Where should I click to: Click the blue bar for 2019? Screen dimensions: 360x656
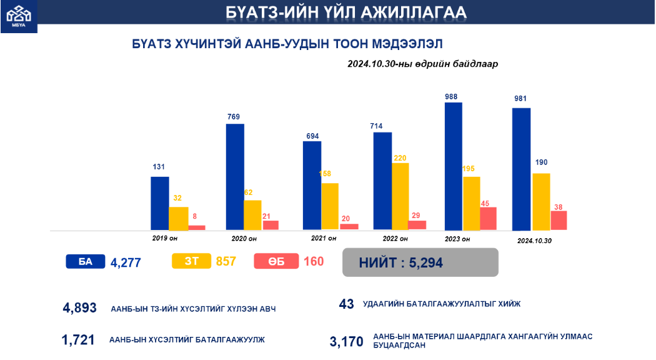[159, 203]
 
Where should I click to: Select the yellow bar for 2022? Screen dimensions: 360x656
[400, 196]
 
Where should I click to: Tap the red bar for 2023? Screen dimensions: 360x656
[488, 218]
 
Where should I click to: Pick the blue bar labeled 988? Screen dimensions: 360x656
[453, 166]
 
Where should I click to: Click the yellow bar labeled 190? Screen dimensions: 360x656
[541, 201]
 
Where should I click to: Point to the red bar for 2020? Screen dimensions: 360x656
[271, 225]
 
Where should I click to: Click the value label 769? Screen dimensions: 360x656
[234, 116]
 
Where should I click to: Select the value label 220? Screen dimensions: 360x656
[400, 157]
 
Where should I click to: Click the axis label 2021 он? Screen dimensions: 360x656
[324, 238]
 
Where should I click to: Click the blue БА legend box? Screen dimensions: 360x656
[85, 262]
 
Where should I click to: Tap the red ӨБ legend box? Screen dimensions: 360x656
[276, 262]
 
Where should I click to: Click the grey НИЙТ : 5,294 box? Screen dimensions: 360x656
[420, 262]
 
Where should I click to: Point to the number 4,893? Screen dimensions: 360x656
[80, 307]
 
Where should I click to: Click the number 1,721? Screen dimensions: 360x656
[78, 340]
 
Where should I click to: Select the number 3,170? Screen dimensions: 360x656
[346, 342]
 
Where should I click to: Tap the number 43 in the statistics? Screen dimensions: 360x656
[346, 304]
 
